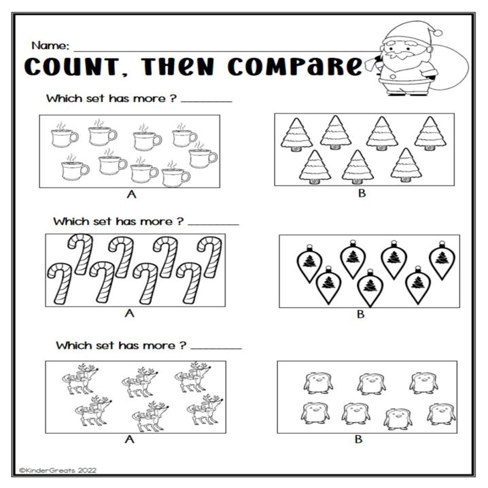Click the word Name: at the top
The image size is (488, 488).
tap(50, 46)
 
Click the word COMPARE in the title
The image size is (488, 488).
tap(295, 68)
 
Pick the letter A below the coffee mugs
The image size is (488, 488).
tap(129, 195)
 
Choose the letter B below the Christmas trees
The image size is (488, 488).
tap(362, 195)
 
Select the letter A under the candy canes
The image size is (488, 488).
tap(129, 313)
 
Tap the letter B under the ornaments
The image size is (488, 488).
tap(361, 314)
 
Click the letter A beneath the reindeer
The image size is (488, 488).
tap(129, 439)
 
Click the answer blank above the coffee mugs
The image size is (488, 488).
tap(207, 100)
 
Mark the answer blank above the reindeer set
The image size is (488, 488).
tap(216, 347)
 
